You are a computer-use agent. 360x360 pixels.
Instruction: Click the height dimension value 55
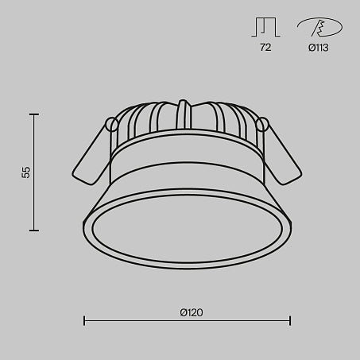coord(25,172)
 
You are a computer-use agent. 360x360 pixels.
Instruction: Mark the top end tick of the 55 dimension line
coord(34,114)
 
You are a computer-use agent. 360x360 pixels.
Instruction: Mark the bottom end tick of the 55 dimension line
coord(34,230)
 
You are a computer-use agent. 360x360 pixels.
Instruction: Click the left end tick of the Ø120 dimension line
coord(85,321)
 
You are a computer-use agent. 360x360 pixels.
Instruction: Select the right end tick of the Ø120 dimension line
coord(290,321)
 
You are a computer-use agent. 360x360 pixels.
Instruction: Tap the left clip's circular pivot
coord(112,124)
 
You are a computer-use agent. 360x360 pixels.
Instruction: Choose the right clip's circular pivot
coord(263,124)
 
